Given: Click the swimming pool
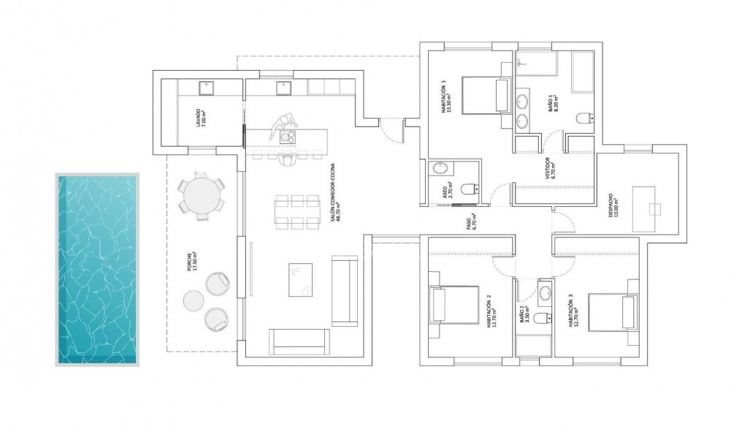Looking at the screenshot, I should click(96, 269).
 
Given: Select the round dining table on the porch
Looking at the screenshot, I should click(202, 195).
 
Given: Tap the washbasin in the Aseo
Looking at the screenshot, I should click(440, 168).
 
